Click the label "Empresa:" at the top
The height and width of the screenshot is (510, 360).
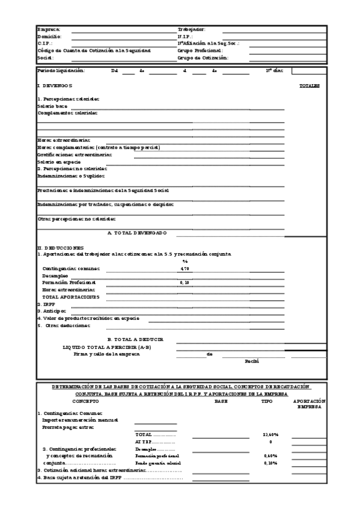(x=49, y=29)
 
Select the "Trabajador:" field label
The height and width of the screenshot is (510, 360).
(x=192, y=29)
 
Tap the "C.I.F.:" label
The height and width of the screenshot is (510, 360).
(x=45, y=44)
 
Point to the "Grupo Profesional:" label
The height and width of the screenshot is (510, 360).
(x=200, y=51)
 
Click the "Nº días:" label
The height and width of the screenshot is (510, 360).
(x=274, y=71)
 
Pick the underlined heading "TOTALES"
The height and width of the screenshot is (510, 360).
(x=310, y=86)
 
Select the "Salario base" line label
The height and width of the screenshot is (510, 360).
(x=52, y=106)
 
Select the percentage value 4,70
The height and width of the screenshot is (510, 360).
(x=185, y=269)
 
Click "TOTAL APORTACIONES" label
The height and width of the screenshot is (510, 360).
(x=70, y=297)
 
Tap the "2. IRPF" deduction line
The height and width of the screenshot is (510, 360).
(x=46, y=304)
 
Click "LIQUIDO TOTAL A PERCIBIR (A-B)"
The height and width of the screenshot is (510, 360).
(x=107, y=348)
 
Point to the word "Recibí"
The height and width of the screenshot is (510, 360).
(x=251, y=361)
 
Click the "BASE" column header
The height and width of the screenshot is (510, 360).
(x=221, y=401)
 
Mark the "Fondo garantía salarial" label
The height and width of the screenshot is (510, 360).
(x=158, y=463)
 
